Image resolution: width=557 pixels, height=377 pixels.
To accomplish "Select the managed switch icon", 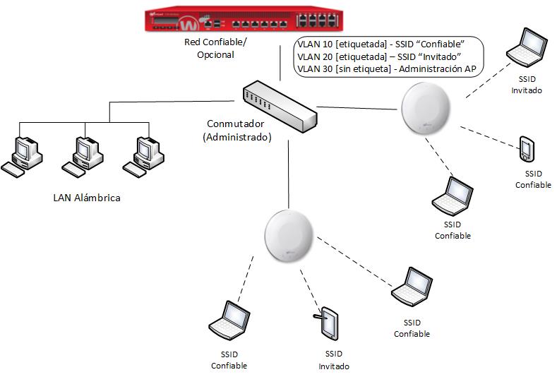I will pyautogui.click(x=277, y=106).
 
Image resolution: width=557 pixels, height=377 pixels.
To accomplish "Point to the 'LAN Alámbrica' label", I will pyautogui.click(x=87, y=198).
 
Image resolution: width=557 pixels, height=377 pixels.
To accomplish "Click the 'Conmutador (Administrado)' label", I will pyautogui.click(x=236, y=131).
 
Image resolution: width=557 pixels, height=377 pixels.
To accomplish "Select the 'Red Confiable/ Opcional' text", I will pyautogui.click(x=215, y=48).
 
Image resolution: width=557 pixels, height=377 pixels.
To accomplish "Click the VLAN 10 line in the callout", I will pyautogui.click(x=381, y=44).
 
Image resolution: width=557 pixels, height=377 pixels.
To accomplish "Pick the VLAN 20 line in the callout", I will pyautogui.click(x=379, y=56).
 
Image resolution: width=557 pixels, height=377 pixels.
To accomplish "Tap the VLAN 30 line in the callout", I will pyautogui.click(x=386, y=68).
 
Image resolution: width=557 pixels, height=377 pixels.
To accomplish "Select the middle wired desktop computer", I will pyautogui.click(x=84, y=153).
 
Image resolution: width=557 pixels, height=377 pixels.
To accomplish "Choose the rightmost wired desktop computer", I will pyautogui.click(x=145, y=153).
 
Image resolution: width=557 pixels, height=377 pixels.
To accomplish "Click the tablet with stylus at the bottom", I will pyautogui.click(x=328, y=323).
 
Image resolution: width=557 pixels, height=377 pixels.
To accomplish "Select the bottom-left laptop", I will pyautogui.click(x=229, y=320).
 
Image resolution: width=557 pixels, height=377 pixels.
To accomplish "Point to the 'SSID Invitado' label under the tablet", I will pyautogui.click(x=333, y=360).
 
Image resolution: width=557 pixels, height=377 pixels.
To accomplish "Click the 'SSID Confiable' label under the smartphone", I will pyautogui.click(x=533, y=179).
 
